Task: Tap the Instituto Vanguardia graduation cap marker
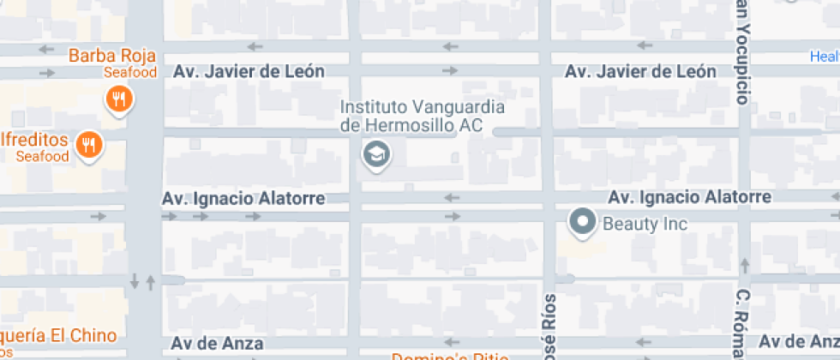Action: pyautogui.click(x=375, y=155)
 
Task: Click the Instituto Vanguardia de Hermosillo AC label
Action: pyautogui.click(x=423, y=117)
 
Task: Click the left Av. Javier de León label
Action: pyautogui.click(x=249, y=72)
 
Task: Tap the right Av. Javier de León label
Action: pyautogui.click(x=640, y=72)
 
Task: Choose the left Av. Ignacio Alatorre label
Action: pyautogui.click(x=243, y=199)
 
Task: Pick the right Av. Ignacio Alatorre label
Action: pyautogui.click(x=690, y=198)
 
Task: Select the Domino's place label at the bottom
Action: pyautogui.click(x=450, y=355)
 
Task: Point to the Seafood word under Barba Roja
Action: pyautogui.click(x=130, y=73)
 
